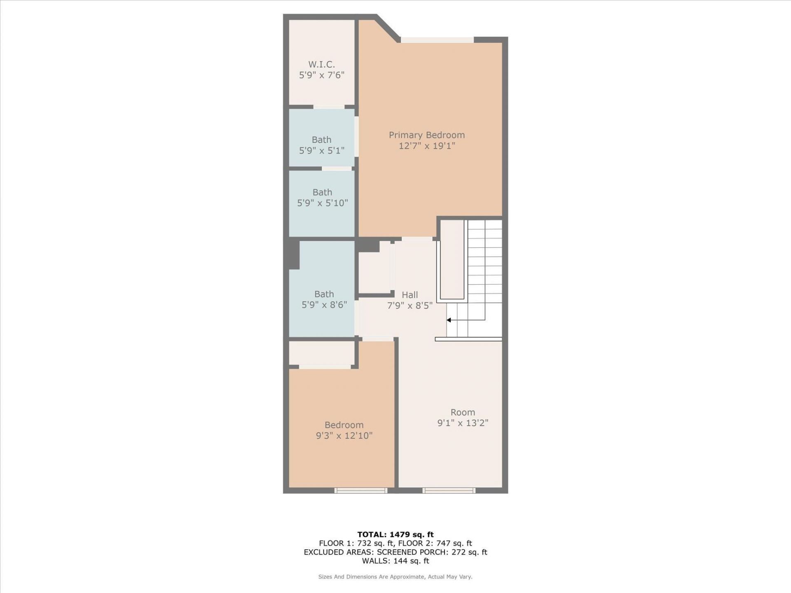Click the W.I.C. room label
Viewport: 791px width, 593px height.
[321, 65]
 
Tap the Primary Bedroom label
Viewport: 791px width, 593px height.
[426, 135]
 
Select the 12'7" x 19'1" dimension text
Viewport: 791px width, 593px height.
[426, 146]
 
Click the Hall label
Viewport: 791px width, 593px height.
[410, 295]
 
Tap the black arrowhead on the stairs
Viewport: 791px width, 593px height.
[449, 320]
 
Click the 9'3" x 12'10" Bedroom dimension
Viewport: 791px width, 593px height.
[344, 436]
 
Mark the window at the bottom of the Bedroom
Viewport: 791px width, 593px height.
[361, 490]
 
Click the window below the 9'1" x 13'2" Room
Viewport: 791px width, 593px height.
[449, 490]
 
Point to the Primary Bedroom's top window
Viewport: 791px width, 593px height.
[437, 40]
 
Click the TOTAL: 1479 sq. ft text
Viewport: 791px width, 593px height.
[395, 535]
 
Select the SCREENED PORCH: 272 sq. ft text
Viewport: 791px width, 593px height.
[432, 552]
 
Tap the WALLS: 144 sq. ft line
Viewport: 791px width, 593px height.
[395, 561]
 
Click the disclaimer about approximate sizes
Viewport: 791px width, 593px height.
[395, 577]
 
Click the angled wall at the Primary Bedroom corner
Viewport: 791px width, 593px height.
[388, 28]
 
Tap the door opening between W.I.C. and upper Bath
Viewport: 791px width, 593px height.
[329, 107]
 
